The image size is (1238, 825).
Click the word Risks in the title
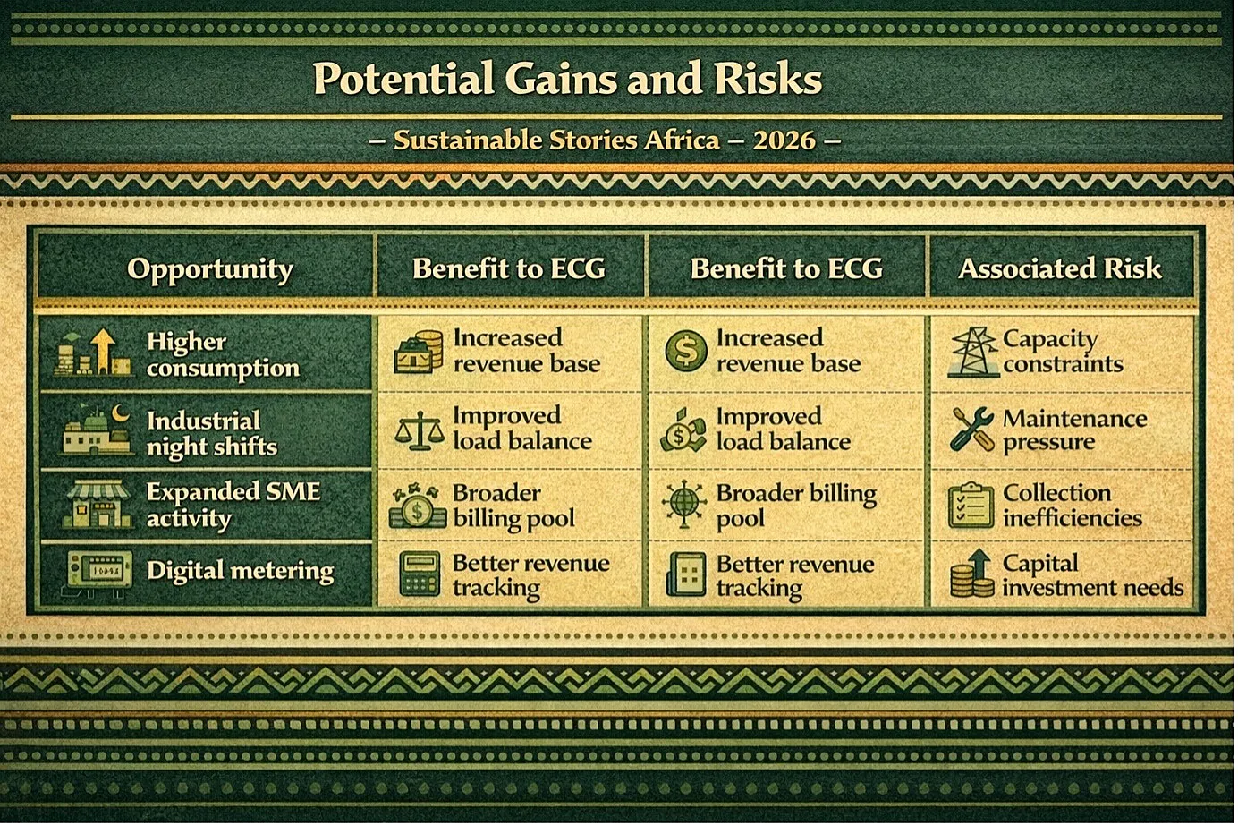(x=767, y=79)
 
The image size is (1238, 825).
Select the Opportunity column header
(x=210, y=270)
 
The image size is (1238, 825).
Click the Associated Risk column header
(x=1059, y=268)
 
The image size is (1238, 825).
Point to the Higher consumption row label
(x=223, y=354)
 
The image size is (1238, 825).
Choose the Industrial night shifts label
(x=212, y=434)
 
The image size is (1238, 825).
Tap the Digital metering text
(x=241, y=571)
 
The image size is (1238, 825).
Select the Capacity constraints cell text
(x=1063, y=352)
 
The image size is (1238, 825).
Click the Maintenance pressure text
(x=1074, y=430)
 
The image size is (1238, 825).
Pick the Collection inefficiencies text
(x=1072, y=506)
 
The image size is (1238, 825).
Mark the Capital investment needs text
(x=1093, y=575)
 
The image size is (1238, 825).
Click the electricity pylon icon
(x=972, y=353)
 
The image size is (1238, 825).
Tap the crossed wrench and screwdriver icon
(x=972, y=430)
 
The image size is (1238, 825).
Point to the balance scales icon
(x=420, y=430)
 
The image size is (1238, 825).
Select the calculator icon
(x=420, y=574)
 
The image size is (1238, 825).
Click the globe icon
(x=684, y=503)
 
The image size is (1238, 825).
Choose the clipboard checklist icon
(x=971, y=505)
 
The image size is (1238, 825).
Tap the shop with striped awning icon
(x=98, y=505)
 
